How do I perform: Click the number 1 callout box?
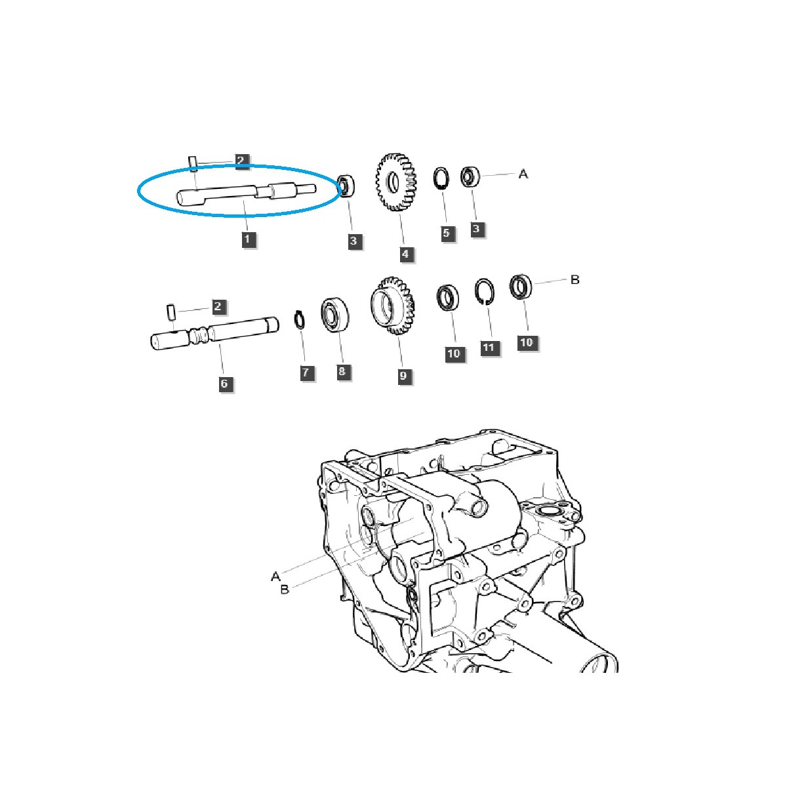[x=247, y=239]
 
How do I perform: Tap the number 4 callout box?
[x=407, y=254]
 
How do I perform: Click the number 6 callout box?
[x=224, y=384]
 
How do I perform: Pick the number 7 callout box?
[x=305, y=373]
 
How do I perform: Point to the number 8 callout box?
[x=342, y=372]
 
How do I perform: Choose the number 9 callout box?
[x=403, y=376]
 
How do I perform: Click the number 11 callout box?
[x=488, y=348]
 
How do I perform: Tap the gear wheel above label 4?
[x=397, y=183]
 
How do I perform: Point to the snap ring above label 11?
[x=485, y=293]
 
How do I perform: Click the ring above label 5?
[x=442, y=178]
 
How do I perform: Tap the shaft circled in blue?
[x=246, y=193]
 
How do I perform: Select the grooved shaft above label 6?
[x=213, y=333]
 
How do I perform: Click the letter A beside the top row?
[x=523, y=174]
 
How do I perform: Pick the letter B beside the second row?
[x=575, y=280]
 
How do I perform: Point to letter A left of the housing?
[x=275, y=576]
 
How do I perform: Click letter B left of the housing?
[x=285, y=590]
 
